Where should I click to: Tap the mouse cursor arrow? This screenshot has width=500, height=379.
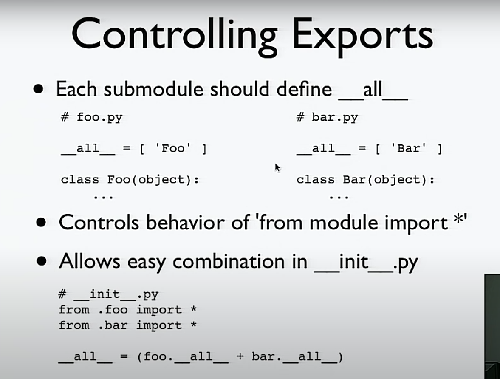(277, 168)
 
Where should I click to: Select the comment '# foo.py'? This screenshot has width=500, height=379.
(92, 117)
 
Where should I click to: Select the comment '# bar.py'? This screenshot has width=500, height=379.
(327, 117)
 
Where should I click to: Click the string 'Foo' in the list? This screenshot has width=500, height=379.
(173, 148)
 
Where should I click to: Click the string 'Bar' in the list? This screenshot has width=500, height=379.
(409, 148)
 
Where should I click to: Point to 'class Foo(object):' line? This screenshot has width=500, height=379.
(130, 180)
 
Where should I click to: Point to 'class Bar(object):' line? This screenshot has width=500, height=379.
(365, 180)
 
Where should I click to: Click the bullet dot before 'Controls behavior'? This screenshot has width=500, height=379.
(41, 222)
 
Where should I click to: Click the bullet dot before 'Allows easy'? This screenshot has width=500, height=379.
(42, 261)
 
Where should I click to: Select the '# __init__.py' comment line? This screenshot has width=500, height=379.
(108, 294)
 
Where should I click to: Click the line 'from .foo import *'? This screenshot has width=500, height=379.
(127, 309)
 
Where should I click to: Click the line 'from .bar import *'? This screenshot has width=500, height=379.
(127, 325)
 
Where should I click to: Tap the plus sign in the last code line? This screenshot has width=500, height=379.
(240, 356)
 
